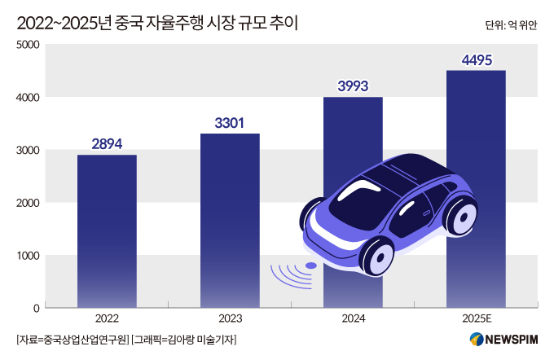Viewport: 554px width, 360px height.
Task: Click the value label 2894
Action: coord(107,144)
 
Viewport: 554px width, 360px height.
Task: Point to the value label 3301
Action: coord(230,123)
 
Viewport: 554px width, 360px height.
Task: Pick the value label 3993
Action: coord(353,86)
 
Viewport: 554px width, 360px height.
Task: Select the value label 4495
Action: coord(476,59)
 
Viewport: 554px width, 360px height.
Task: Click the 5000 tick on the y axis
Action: coord(29,45)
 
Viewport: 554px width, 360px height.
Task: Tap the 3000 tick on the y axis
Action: coord(29,150)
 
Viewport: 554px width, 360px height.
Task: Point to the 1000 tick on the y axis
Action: coord(29,256)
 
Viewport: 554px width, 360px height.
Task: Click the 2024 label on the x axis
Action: coord(353,319)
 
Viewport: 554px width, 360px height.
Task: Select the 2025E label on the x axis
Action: coord(476,319)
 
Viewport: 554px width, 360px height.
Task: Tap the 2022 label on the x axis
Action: coord(107,319)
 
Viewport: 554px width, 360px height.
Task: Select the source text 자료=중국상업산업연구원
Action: coord(73,340)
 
